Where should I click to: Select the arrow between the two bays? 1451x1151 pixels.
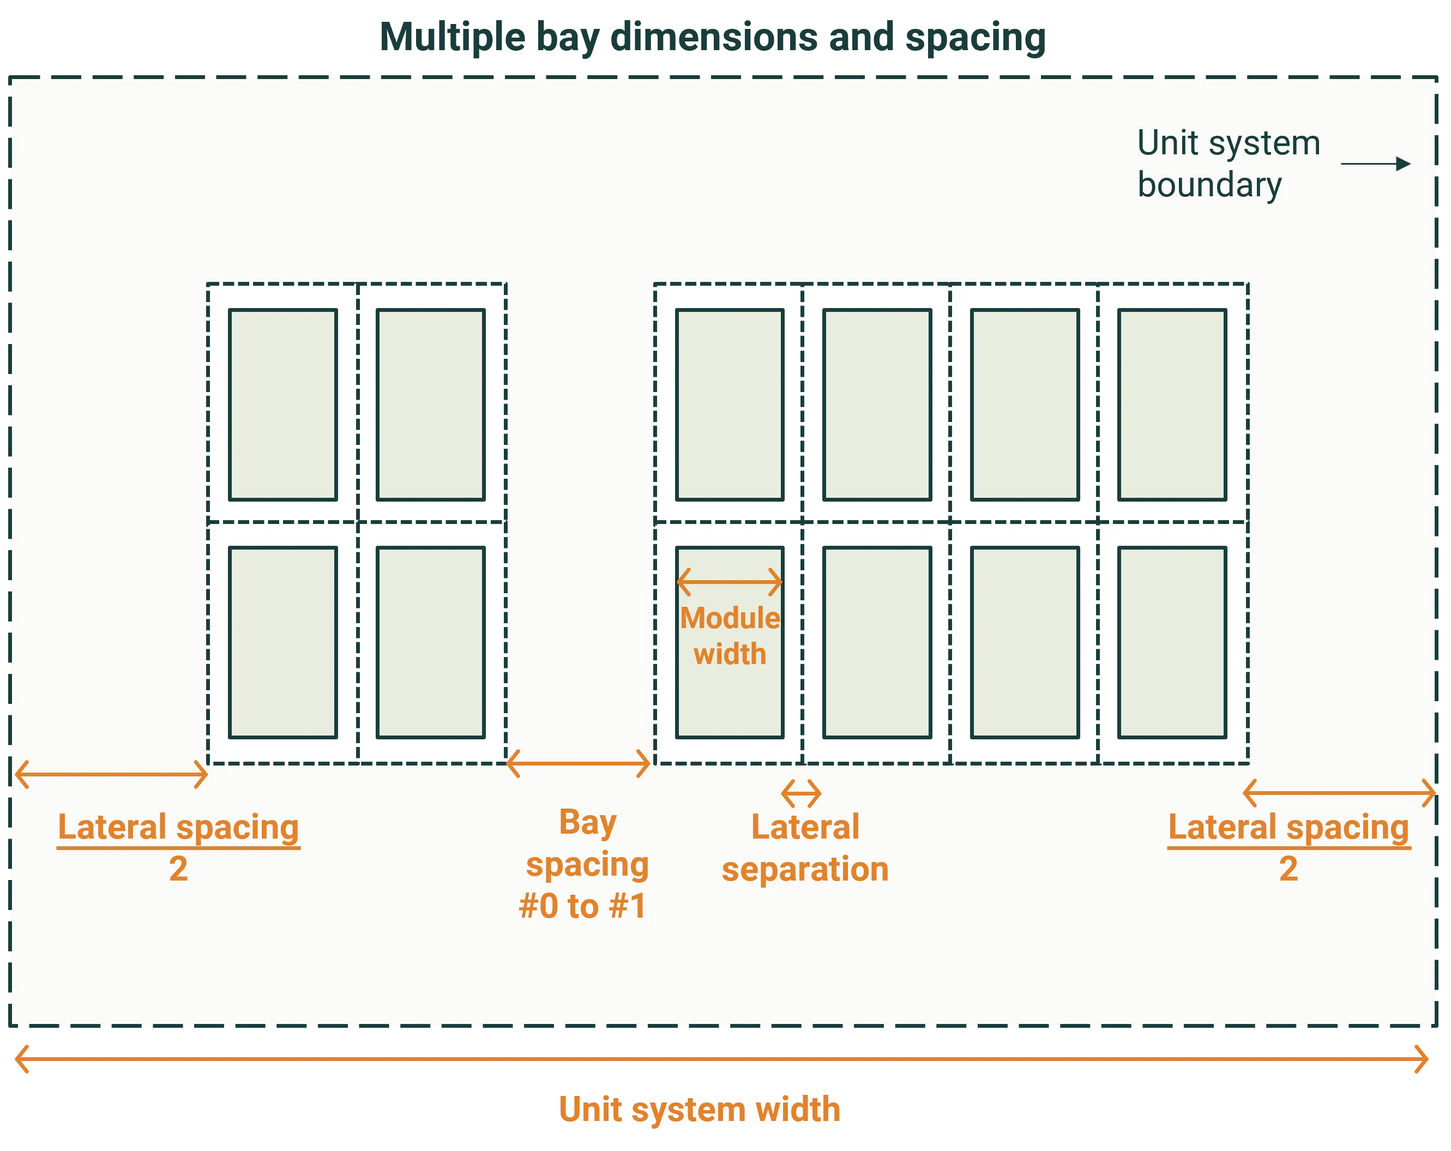pos(578,764)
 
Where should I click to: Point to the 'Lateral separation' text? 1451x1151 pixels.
pos(805,848)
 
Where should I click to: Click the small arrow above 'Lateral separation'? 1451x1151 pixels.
pos(801,793)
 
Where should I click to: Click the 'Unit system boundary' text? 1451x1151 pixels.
pos(1228,164)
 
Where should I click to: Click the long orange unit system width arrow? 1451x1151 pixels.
pos(721,1059)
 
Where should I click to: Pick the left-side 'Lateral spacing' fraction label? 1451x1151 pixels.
pos(178,846)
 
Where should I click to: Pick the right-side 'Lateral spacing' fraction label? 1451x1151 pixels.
pos(1288,846)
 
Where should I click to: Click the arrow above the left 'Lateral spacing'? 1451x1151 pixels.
pos(111,775)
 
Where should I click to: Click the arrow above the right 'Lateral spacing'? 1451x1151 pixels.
pos(1339,793)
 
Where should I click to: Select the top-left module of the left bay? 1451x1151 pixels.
pos(282,405)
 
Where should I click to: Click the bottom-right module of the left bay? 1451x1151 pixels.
pos(431,643)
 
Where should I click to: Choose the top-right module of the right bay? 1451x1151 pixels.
pos(1172,405)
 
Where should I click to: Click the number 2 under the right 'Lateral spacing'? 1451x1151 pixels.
pos(1288,869)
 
